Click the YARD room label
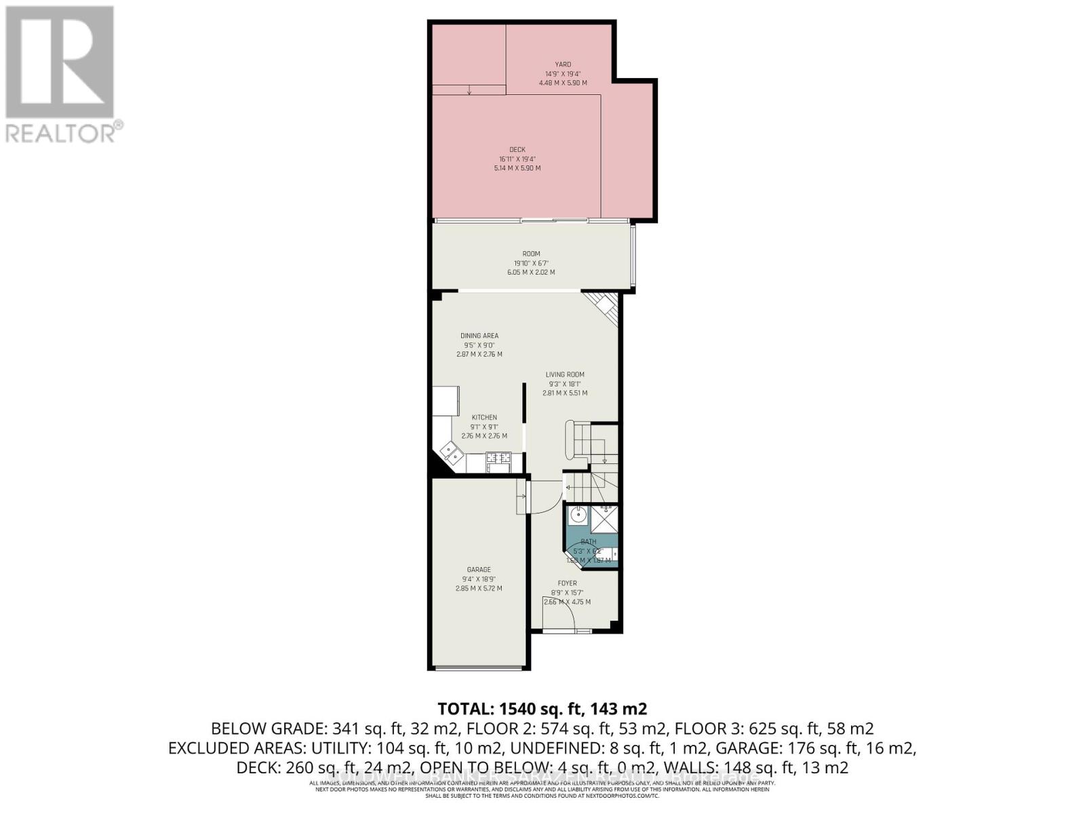pos(563,64)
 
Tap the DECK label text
pos(517,150)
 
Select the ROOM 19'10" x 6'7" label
pos(531,254)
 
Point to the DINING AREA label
pos(479,336)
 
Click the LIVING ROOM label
pos(565,374)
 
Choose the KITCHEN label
pos(484,418)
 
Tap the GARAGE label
pos(479,570)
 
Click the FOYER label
pos(567,583)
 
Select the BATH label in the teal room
pos(589,542)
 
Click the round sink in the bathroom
pos(578,515)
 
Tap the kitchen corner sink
pos(450,451)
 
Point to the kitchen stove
pos(498,461)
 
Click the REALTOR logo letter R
pos(60,62)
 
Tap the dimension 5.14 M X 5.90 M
pos(517,168)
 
